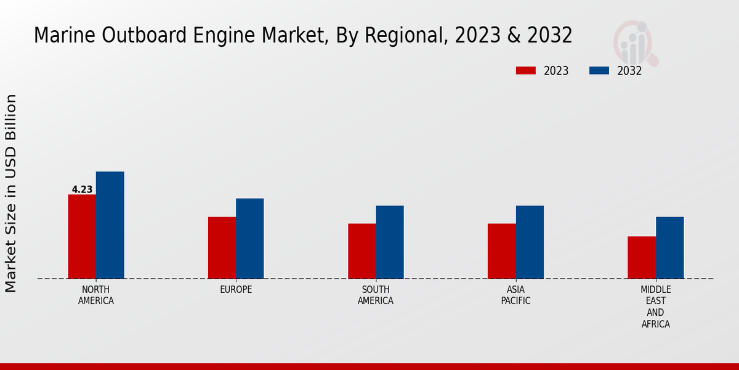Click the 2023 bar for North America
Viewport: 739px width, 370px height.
[x=82, y=237]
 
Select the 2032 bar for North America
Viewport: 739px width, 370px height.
[x=110, y=225]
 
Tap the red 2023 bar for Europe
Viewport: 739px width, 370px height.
[x=222, y=248]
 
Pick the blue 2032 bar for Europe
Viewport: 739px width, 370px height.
[x=249, y=239]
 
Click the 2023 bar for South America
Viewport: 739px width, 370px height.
[x=361, y=251]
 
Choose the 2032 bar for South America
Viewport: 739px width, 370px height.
[x=390, y=242]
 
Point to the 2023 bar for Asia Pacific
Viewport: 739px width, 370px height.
[x=501, y=251]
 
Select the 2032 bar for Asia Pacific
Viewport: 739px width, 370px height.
[x=530, y=242]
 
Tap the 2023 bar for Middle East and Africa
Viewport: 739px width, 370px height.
[x=642, y=258]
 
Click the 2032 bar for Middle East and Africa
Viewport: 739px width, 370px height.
[x=669, y=248]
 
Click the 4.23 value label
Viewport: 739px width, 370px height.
[x=82, y=190]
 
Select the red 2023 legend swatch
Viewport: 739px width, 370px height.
[x=525, y=71]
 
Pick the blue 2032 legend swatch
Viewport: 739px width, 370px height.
[x=599, y=71]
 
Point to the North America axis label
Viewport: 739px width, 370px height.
[x=96, y=295]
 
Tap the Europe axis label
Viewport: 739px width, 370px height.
[x=236, y=290]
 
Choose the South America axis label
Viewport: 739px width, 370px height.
[x=376, y=295]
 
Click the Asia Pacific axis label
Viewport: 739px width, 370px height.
[x=515, y=295]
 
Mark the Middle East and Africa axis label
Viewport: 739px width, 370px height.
[x=655, y=307]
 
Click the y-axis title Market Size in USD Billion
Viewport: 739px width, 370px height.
[x=11, y=193]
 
